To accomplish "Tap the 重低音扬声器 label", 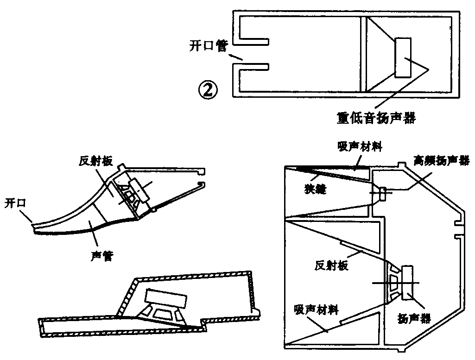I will (376, 118).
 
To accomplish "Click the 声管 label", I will (102, 255).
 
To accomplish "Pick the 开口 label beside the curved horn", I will (15, 203).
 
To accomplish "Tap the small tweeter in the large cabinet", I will (382, 193).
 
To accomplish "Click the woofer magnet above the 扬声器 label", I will (408, 282).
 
